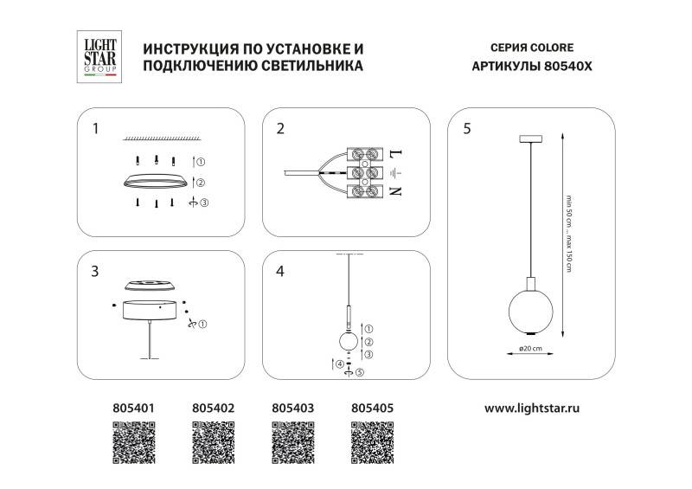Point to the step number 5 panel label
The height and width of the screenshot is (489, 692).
point(467,130)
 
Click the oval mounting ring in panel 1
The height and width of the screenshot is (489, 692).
point(156,182)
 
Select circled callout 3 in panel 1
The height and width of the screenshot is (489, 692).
point(203,203)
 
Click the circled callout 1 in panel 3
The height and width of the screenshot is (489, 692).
point(202,325)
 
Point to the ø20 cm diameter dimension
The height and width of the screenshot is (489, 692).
point(529,349)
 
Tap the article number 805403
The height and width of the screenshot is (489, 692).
point(292,405)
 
